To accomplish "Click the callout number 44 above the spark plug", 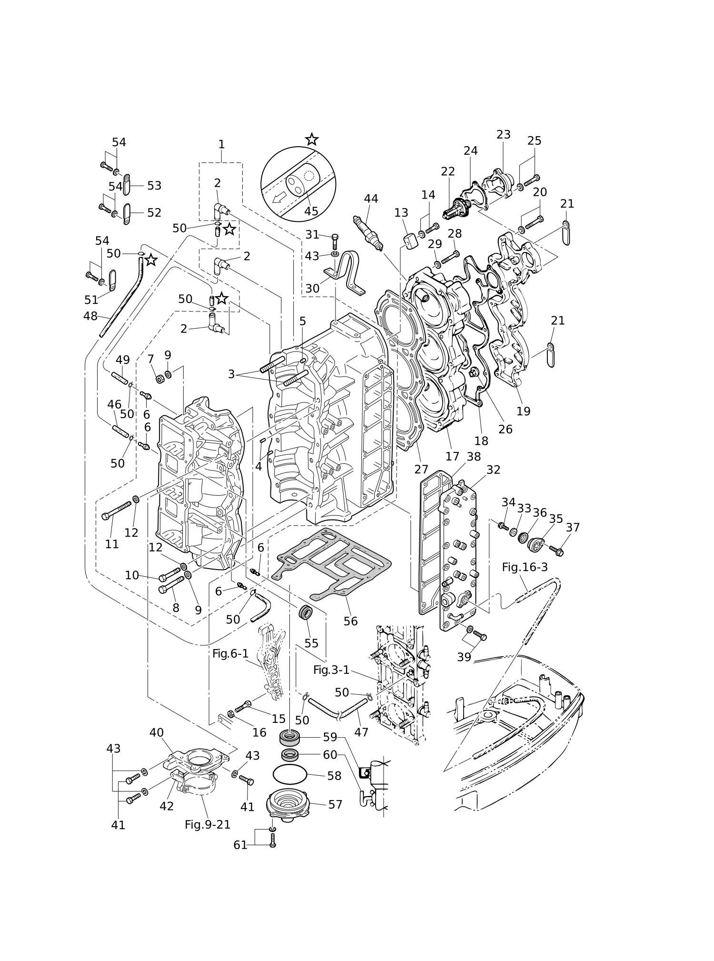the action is tap(371, 199).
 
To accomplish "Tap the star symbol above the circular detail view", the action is tap(312, 140).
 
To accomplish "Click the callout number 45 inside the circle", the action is tap(311, 211).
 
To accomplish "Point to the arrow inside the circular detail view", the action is tap(280, 197).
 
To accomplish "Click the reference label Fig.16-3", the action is tap(525, 567).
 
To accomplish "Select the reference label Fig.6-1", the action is tap(230, 654).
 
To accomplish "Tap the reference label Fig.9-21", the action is tap(208, 825).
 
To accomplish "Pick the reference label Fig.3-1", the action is tap(331, 670).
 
